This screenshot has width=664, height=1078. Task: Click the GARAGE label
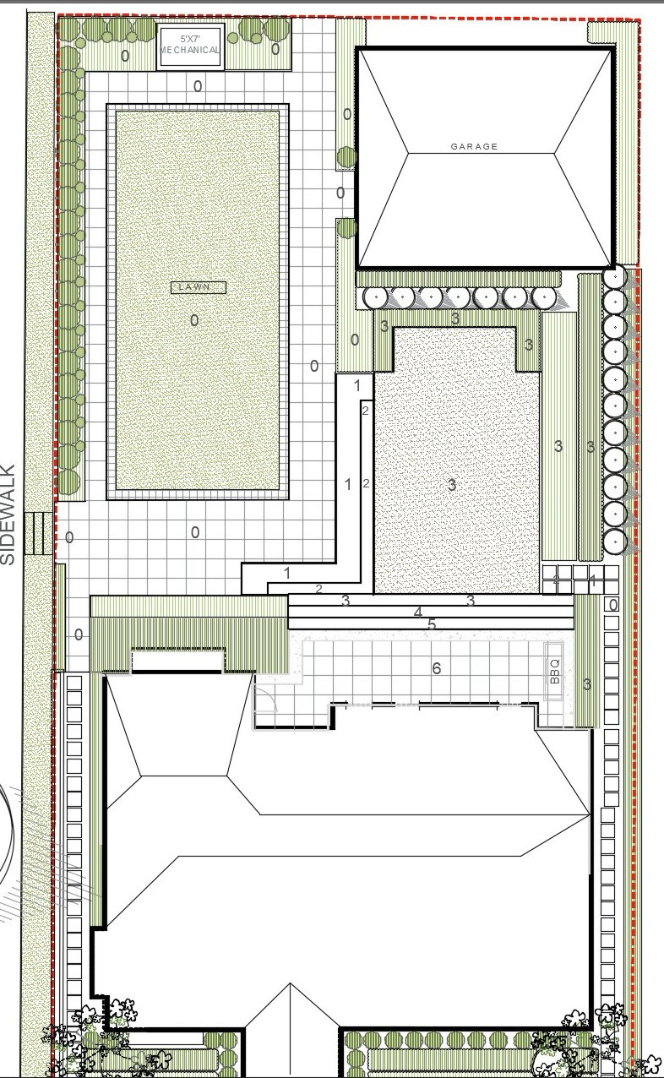(x=474, y=146)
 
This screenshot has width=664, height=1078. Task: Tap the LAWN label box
(x=199, y=287)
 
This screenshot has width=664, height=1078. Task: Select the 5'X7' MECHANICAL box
(x=191, y=46)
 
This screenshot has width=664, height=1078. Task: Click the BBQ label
(x=555, y=672)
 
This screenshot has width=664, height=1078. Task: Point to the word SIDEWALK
(x=8, y=514)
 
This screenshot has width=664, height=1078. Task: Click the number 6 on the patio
(x=437, y=668)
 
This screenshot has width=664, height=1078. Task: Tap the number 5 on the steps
(x=432, y=624)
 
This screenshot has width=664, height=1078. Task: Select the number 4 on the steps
(x=417, y=612)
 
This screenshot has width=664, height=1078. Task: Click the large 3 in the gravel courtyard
(x=451, y=485)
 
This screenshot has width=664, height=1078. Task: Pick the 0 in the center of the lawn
(x=194, y=320)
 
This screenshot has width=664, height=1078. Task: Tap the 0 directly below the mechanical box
(x=198, y=86)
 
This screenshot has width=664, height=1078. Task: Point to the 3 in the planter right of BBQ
(x=586, y=683)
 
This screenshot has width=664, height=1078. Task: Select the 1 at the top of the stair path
(x=357, y=385)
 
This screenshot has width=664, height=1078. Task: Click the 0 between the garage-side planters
(x=340, y=193)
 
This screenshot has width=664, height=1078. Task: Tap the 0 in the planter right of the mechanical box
(x=275, y=49)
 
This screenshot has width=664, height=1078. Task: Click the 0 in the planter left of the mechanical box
(x=125, y=56)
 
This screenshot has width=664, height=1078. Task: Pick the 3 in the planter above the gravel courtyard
(x=455, y=318)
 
